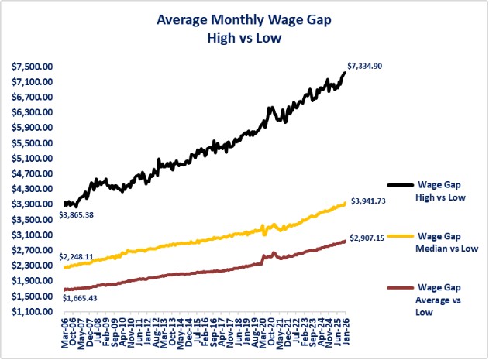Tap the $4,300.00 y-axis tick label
click(x=32, y=189)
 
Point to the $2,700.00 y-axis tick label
click(x=32, y=250)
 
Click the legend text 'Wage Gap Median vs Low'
click(x=447, y=242)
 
